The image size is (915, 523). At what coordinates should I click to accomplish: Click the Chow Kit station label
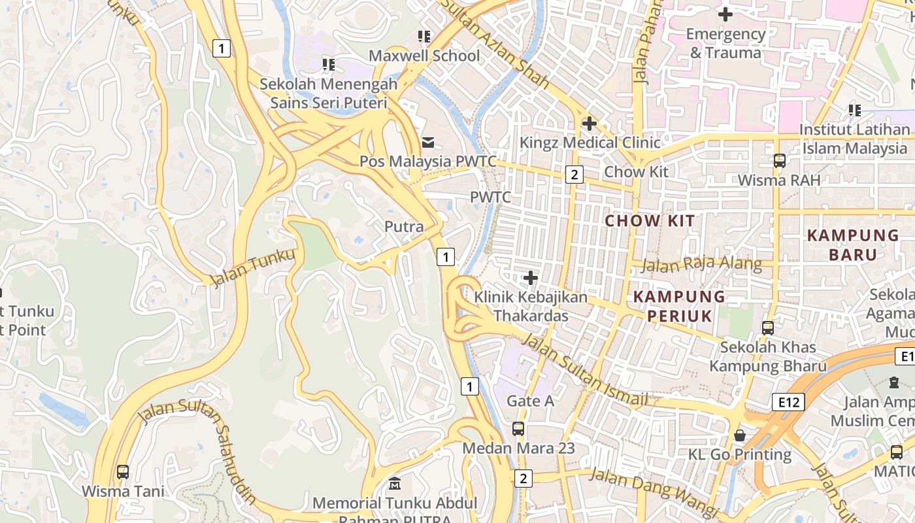pyautogui.click(x=636, y=172)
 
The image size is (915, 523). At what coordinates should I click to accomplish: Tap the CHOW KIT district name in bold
pyautogui.click(x=650, y=221)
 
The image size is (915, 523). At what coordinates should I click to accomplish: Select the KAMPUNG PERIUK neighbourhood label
pyautogui.click(x=679, y=307)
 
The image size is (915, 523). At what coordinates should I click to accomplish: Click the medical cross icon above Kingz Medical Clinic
pyautogui.click(x=589, y=123)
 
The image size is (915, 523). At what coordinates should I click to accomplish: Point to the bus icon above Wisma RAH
pyautogui.click(x=779, y=161)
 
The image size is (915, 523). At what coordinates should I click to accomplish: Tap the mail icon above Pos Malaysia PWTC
pyautogui.click(x=428, y=142)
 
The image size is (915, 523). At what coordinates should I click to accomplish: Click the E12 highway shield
pyautogui.click(x=788, y=402)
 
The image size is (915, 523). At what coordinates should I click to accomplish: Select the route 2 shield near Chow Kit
pyautogui.click(x=574, y=174)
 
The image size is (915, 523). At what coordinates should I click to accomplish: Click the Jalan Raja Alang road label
pyautogui.click(x=701, y=265)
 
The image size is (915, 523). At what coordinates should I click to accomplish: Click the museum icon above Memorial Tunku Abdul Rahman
pyautogui.click(x=395, y=484)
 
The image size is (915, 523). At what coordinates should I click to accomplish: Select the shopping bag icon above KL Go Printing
pyautogui.click(x=740, y=435)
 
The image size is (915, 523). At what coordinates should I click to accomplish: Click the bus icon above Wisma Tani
pyautogui.click(x=123, y=471)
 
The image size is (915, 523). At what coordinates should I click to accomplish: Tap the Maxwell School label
pyautogui.click(x=424, y=56)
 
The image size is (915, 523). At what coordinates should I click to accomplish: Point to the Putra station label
pyautogui.click(x=404, y=227)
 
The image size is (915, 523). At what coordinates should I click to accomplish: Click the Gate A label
pyautogui.click(x=530, y=401)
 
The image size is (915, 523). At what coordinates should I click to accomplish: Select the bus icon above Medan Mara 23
pyautogui.click(x=518, y=429)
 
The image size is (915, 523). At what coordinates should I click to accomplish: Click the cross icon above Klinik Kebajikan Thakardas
pyautogui.click(x=531, y=278)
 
